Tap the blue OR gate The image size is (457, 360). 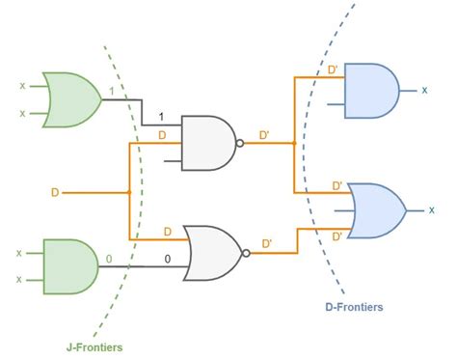(x=374, y=208)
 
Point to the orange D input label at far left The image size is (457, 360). (x=54, y=192)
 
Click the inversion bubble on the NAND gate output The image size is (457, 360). (x=241, y=144)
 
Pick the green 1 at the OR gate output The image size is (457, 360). (x=113, y=92)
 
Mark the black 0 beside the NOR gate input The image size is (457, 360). (x=167, y=259)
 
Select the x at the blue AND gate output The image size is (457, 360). (x=425, y=90)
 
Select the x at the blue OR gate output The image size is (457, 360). (x=431, y=209)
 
